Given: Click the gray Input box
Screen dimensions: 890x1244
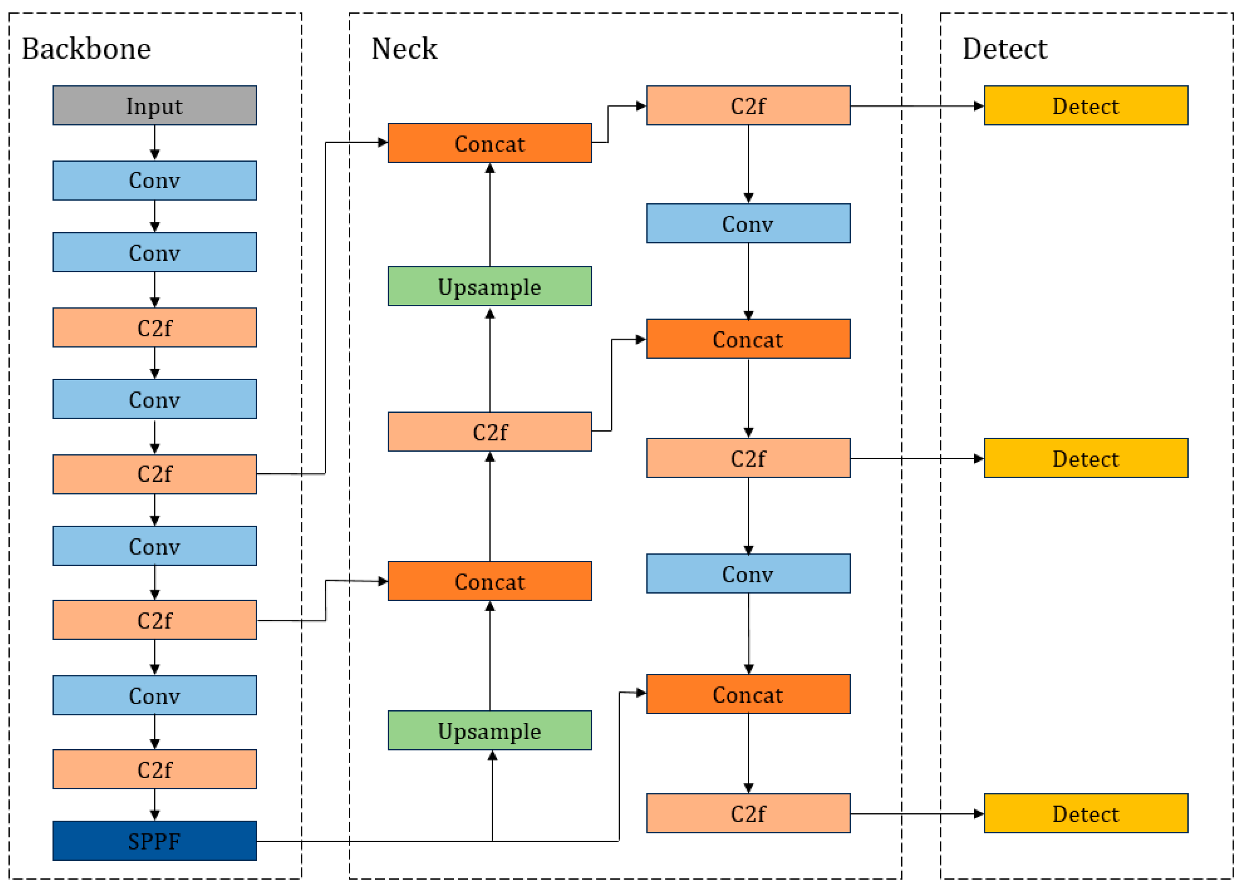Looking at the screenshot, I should pyautogui.click(x=154, y=105).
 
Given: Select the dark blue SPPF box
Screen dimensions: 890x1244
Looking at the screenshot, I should pyautogui.click(x=154, y=840).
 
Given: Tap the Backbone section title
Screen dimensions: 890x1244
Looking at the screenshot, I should pyautogui.click(x=86, y=49).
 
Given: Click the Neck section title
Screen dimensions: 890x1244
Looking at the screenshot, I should pyautogui.click(x=404, y=49).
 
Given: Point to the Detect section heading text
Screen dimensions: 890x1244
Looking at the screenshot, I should pyautogui.click(x=1004, y=49).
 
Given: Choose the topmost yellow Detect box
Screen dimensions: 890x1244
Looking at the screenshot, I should pyautogui.click(x=1085, y=105).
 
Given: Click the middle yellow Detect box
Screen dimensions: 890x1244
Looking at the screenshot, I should pyautogui.click(x=1085, y=458).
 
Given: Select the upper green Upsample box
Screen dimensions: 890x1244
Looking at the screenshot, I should pyautogui.click(x=489, y=286).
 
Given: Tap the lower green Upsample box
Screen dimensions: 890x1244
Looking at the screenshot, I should pyautogui.click(x=489, y=730).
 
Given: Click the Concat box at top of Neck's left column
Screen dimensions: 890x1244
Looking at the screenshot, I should pyautogui.click(x=489, y=143).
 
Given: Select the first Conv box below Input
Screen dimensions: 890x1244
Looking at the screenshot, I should pyautogui.click(x=154, y=180).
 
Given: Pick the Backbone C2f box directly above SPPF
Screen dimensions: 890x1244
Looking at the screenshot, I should pyautogui.click(x=154, y=769).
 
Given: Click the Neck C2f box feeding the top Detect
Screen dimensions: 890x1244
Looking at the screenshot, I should pyautogui.click(x=748, y=105).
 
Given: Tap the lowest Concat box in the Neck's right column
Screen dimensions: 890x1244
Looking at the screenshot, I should pyautogui.click(x=748, y=694).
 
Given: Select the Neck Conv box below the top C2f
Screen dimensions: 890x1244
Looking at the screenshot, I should pyautogui.click(x=748, y=223).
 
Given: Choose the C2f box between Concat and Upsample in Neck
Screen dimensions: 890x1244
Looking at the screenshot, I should pyautogui.click(x=489, y=431).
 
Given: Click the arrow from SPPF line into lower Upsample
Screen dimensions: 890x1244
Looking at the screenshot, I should pyautogui.click(x=492, y=795).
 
